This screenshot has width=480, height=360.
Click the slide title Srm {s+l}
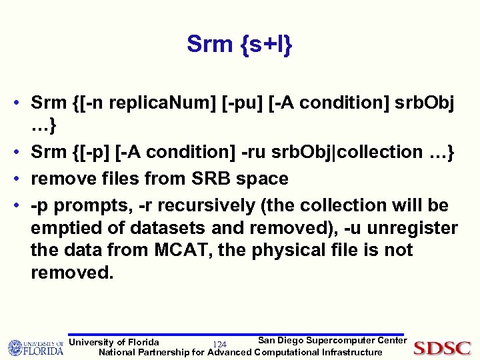point(239,44)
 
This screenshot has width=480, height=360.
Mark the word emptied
point(62,228)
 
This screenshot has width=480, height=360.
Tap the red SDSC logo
point(443,347)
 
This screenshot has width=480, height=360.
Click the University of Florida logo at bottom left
point(35,347)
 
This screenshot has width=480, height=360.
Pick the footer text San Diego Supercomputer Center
point(332,341)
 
